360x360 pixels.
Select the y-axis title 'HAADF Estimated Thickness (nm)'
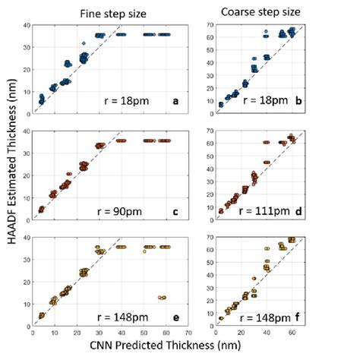[x=10, y=176]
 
